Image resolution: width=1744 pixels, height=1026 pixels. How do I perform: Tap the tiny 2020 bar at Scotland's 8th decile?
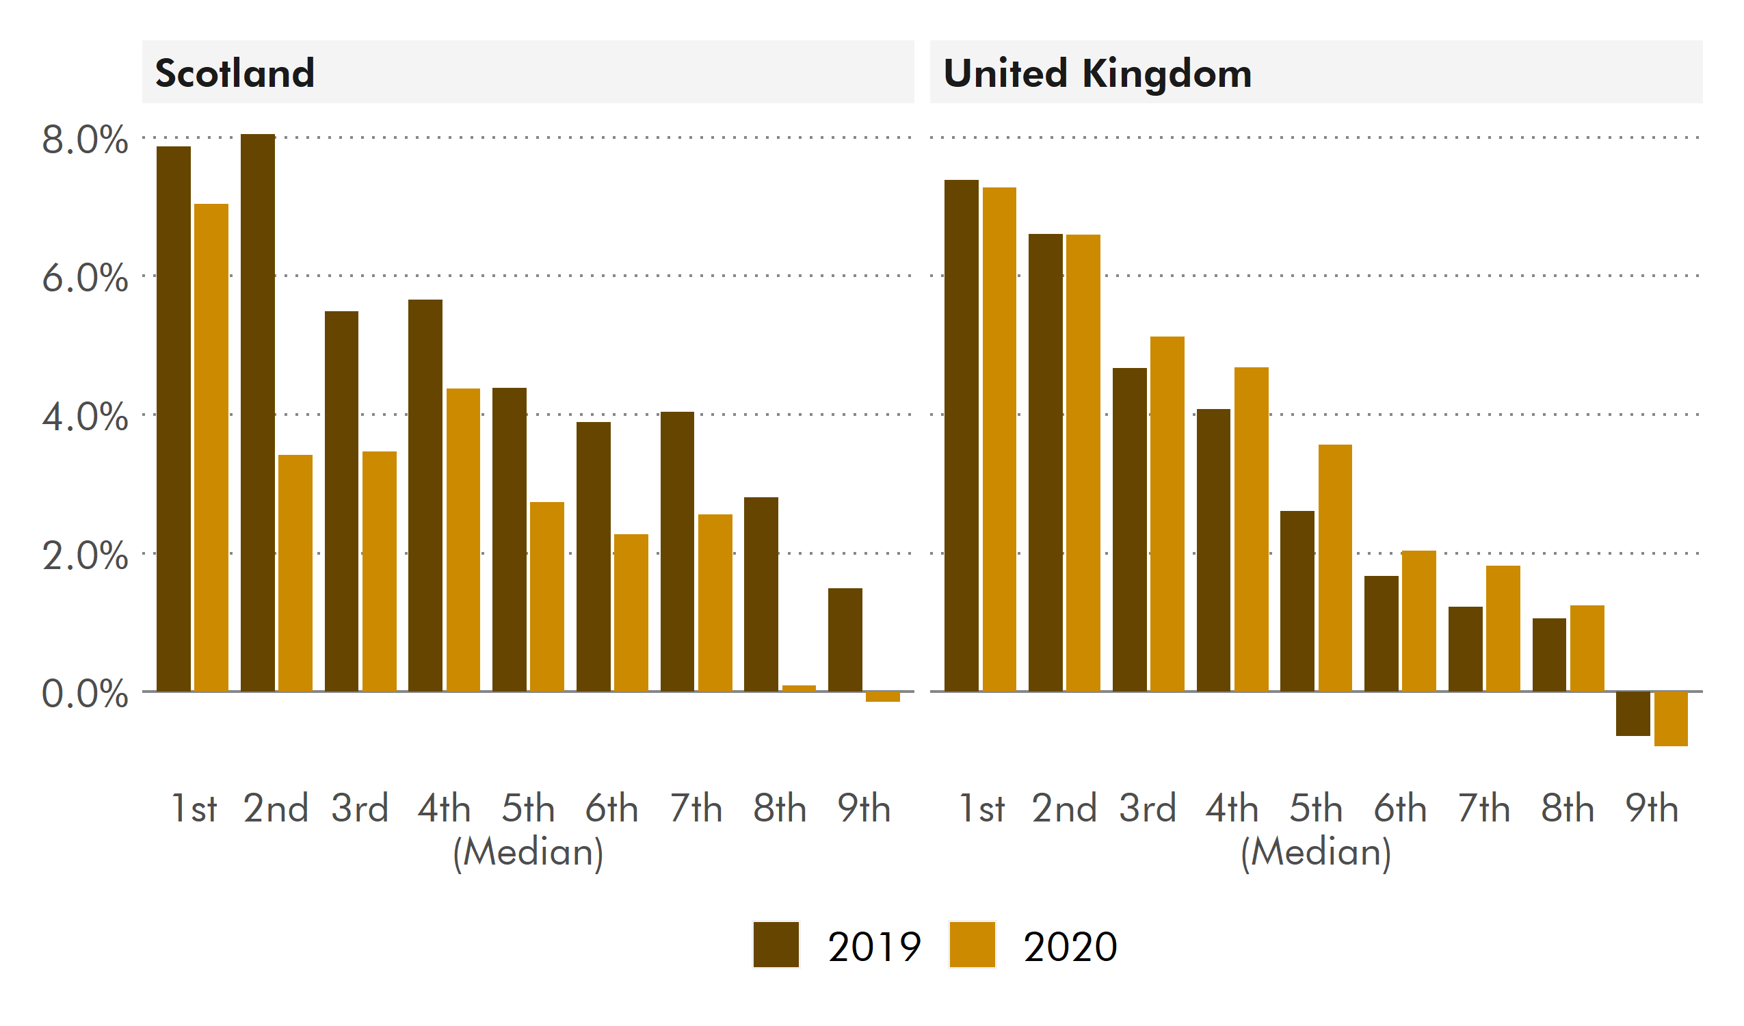tap(799, 688)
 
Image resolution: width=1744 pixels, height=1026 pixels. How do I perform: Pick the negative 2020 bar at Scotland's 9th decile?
tap(882, 696)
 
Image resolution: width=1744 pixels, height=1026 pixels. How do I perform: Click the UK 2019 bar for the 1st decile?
tap(962, 436)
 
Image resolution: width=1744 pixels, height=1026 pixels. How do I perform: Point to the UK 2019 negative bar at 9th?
tap(1633, 714)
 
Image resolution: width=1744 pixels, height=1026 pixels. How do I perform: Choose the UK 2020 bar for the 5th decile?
tap(1335, 568)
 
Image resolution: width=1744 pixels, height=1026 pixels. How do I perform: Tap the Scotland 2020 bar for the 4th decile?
tap(463, 540)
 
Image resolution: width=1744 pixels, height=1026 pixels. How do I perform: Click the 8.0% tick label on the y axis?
tap(84, 140)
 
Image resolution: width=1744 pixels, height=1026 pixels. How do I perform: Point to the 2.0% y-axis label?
tap(84, 556)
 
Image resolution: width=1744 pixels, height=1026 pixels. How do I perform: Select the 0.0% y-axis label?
tap(84, 694)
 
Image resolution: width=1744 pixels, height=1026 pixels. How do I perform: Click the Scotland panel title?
tap(235, 73)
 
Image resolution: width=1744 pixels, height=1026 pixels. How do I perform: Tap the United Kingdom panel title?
tap(1097, 73)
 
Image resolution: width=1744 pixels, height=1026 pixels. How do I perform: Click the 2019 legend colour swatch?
tap(776, 945)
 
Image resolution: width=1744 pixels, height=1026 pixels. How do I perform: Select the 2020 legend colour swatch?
tap(972, 945)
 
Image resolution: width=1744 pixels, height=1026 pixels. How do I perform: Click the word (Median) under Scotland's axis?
tap(528, 852)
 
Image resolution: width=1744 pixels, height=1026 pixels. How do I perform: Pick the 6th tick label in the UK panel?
tap(1399, 808)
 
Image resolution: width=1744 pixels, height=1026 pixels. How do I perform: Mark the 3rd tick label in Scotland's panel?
tap(359, 808)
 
